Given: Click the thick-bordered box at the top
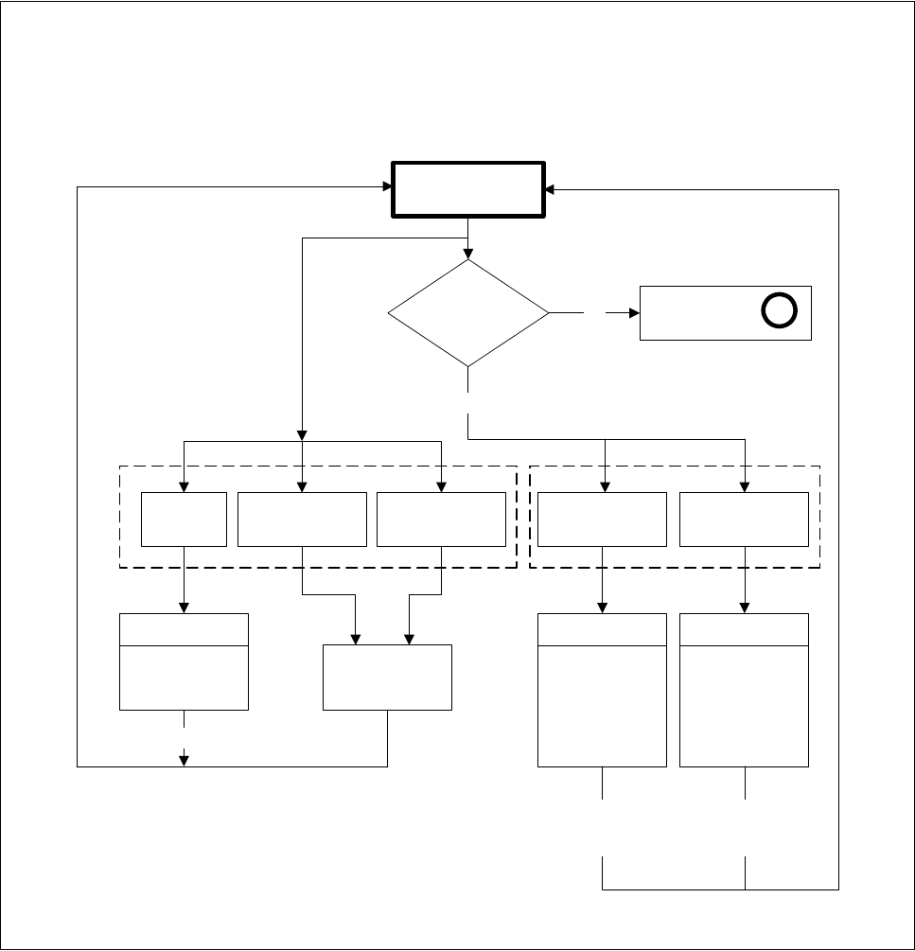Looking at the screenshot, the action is (468, 190).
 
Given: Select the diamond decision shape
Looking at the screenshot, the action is (468, 312).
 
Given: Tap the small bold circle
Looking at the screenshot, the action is (780, 311).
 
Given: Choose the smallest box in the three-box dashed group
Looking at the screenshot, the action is (184, 519).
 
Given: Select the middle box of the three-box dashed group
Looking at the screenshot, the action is (302, 519).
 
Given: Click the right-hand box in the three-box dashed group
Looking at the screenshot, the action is (441, 519).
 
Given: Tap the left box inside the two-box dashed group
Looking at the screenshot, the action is (603, 519).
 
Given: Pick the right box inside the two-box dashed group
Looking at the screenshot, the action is (745, 519).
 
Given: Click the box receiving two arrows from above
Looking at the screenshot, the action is (387, 677).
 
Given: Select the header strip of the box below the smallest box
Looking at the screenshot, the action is (184, 629).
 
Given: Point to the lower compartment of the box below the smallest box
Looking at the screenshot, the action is (184, 678).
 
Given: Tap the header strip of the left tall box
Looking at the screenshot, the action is (603, 629).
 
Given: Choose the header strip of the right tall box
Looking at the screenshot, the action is (745, 629).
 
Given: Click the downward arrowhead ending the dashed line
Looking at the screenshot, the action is (184, 759).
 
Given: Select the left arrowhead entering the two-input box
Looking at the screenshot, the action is (356, 639).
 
